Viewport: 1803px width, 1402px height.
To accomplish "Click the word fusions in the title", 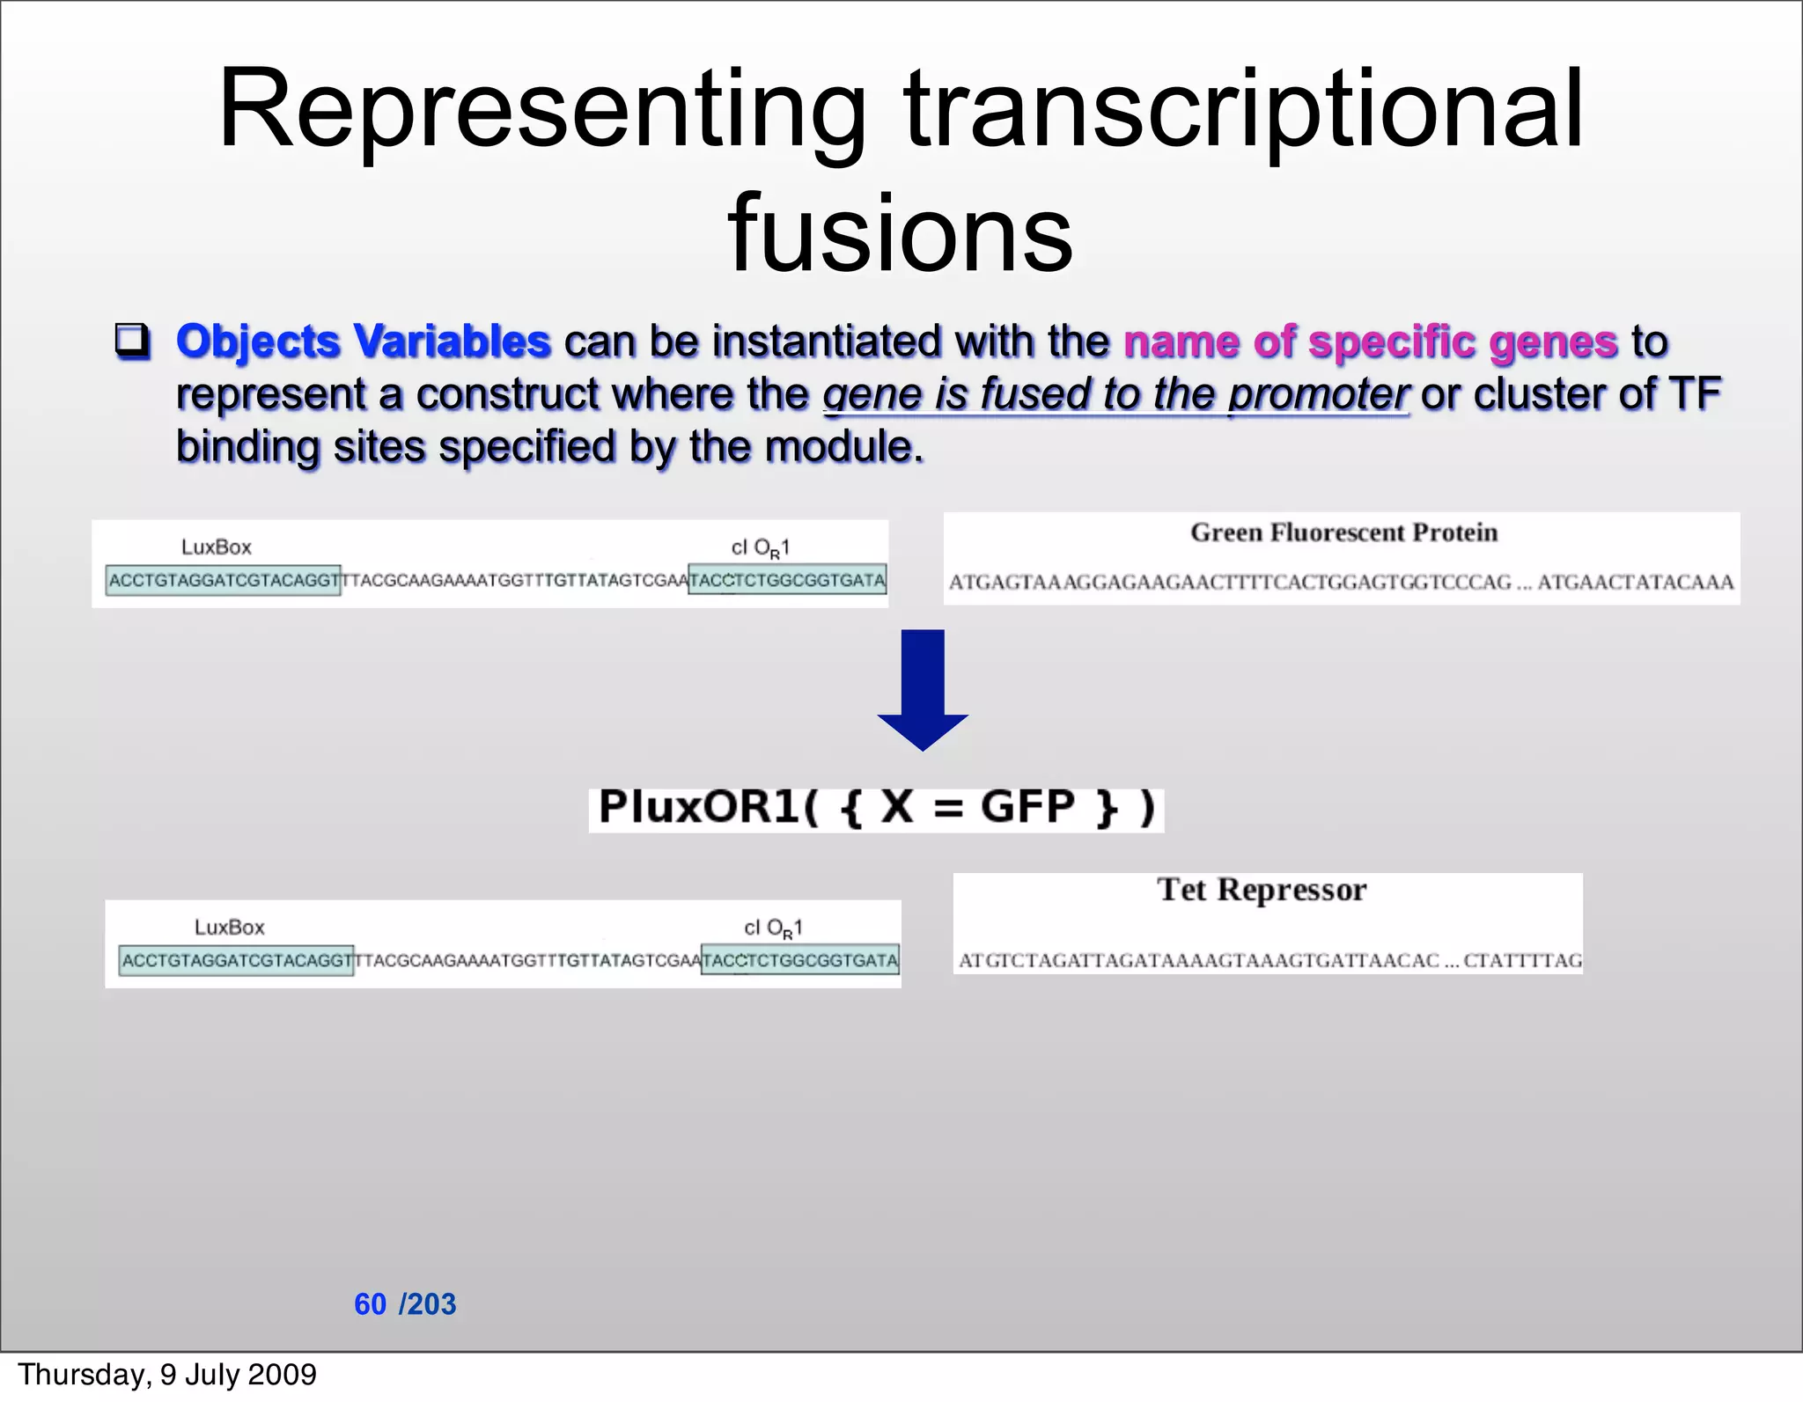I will tap(900, 234).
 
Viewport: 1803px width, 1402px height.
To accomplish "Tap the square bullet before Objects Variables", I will tap(132, 341).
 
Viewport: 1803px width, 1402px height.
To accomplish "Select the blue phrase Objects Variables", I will tap(363, 341).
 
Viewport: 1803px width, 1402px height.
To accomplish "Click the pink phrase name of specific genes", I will tap(1370, 341).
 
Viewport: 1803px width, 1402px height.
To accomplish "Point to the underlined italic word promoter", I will tap(1318, 394).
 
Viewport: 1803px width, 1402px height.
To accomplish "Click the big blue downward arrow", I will tap(923, 689).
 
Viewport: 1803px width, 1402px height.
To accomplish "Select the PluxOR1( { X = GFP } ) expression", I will tap(876, 808).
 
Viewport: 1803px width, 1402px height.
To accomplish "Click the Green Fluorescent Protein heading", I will tap(1343, 532).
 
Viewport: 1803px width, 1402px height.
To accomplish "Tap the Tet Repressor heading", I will tap(1262, 890).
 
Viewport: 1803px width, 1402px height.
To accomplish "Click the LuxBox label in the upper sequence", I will tap(217, 547).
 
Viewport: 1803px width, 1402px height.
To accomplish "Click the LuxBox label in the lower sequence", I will tap(230, 928).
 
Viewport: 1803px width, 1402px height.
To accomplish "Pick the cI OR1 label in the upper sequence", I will tap(761, 548).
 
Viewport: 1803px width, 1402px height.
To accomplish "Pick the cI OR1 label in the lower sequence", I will tap(773, 929).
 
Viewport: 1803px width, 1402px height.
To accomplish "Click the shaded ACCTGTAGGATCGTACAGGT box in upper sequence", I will tap(223, 581).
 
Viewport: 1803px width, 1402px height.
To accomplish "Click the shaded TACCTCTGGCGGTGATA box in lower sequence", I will tap(800, 961).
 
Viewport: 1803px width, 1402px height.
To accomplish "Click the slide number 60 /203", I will tap(405, 1303).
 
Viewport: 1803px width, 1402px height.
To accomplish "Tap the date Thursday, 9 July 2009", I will tap(167, 1375).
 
